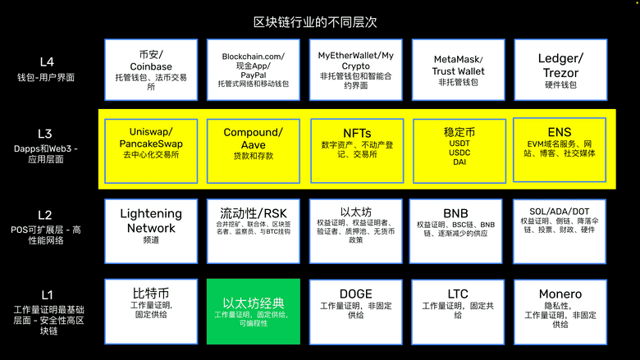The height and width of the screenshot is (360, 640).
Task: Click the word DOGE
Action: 355,294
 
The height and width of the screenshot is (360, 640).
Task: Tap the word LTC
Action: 458,294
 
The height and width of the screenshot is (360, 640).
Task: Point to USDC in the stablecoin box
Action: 459,152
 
